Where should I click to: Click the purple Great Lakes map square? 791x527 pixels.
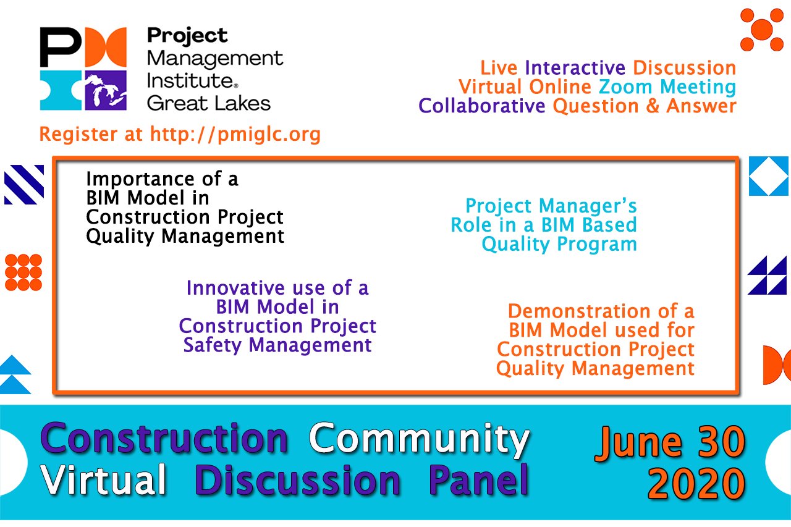point(106,90)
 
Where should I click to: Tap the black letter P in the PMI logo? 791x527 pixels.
point(61,47)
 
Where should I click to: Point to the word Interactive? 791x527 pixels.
point(575,67)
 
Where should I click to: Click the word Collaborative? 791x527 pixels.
point(481,106)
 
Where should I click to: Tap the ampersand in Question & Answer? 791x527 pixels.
point(653,106)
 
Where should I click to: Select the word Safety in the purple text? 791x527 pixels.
point(212,345)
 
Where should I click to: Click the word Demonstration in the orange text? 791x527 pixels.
point(579,311)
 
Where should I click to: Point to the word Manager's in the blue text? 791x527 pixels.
point(588,206)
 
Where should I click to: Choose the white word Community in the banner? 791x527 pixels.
point(420,440)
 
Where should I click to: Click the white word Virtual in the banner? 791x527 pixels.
point(103,479)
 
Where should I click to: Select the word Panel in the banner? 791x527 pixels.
point(479,480)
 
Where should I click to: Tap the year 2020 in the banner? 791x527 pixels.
point(696,483)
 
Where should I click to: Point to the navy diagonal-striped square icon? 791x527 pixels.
point(24,185)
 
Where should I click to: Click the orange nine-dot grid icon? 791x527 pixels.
point(23,272)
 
